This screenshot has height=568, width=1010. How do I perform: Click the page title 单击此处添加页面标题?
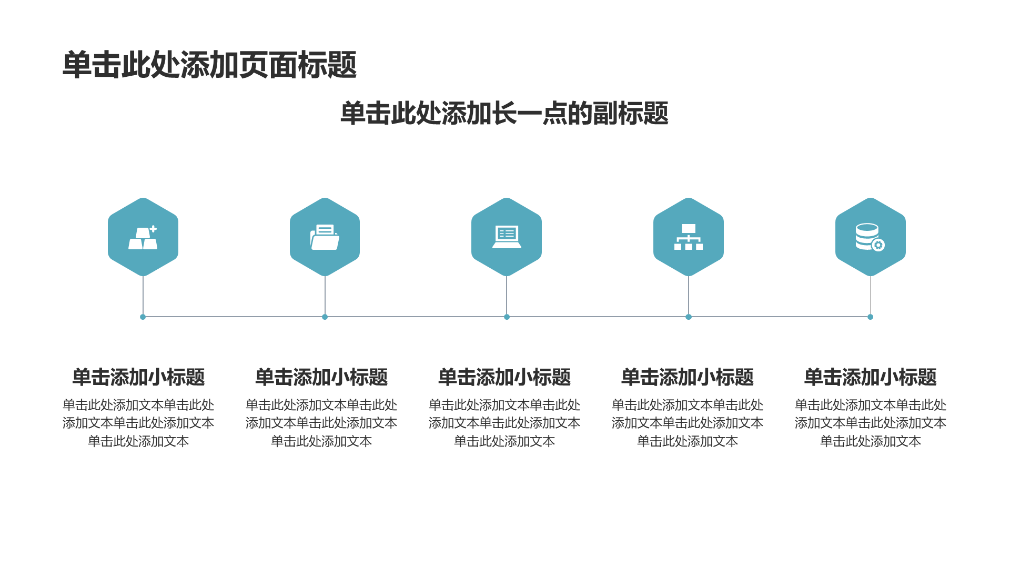click(210, 65)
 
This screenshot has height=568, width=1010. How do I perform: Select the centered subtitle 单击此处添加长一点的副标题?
click(504, 114)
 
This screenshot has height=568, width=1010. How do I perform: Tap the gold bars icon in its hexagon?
click(143, 238)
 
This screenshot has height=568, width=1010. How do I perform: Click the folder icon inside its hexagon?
click(325, 237)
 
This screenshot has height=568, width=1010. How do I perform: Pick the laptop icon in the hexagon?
click(507, 237)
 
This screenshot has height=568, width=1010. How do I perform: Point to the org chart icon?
click(689, 237)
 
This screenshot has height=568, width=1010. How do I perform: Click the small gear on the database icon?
click(878, 245)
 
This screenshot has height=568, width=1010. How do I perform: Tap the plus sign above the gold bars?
click(153, 229)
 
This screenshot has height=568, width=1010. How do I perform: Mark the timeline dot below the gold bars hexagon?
click(143, 317)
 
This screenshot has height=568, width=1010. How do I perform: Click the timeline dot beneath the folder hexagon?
click(325, 317)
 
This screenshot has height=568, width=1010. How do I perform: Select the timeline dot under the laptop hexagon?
click(507, 317)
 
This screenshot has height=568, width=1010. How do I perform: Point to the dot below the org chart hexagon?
click(689, 317)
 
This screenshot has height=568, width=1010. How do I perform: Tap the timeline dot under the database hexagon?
click(870, 317)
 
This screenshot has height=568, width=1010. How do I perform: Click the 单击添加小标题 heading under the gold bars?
click(138, 377)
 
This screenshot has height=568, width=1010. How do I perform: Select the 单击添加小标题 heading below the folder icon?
click(321, 377)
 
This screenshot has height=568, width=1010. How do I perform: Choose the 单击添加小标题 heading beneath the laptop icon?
click(504, 377)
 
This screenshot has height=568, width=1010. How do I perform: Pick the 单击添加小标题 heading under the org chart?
click(688, 377)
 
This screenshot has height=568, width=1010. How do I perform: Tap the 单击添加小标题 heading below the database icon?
click(871, 377)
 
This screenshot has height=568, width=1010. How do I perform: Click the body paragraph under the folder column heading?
click(321, 423)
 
